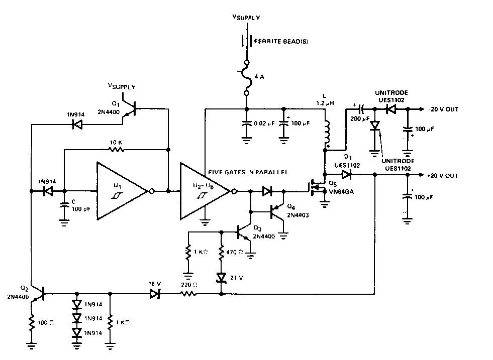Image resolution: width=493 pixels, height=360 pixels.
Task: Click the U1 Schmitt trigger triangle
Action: [121, 191]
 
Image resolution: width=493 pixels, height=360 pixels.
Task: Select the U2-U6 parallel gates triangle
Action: [204, 191]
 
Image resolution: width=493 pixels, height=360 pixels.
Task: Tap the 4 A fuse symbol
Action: [246, 78]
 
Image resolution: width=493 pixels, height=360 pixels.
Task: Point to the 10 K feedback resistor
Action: [116, 149]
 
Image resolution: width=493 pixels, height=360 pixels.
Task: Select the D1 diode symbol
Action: [346, 175]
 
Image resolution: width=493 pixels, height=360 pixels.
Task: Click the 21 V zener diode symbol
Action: [222, 277]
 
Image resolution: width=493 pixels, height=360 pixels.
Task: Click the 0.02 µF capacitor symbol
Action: [246, 124]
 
